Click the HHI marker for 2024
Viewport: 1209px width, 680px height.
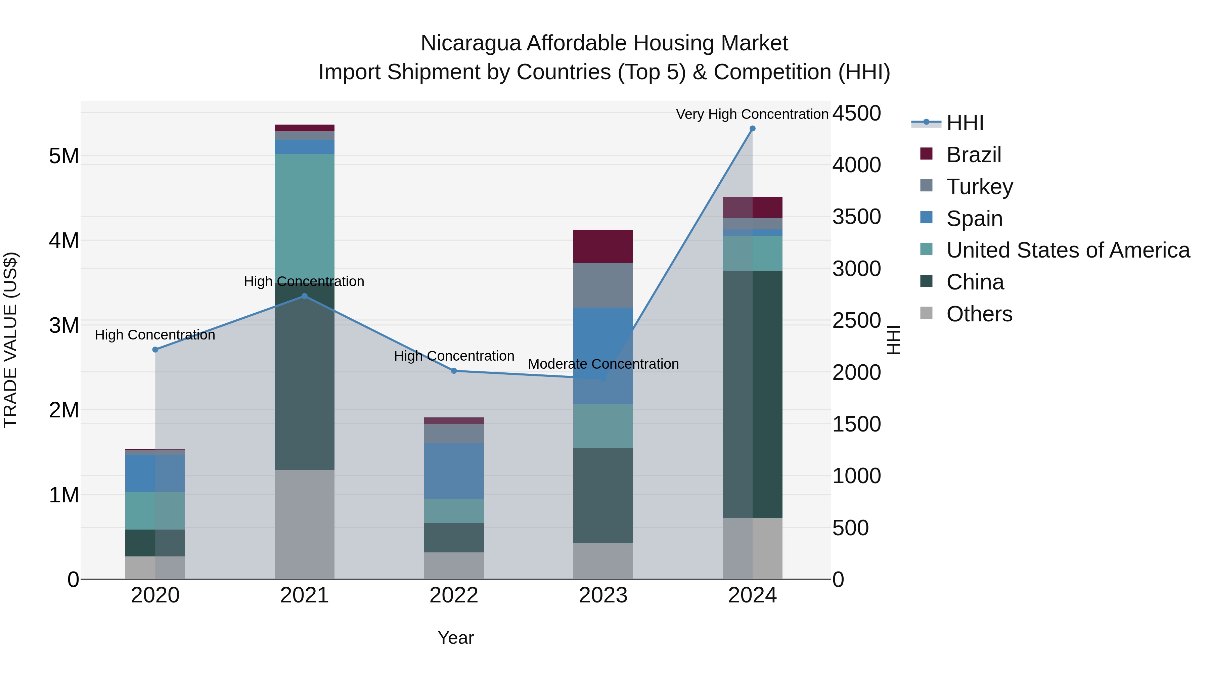(x=752, y=129)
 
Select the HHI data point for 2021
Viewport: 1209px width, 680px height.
(x=304, y=296)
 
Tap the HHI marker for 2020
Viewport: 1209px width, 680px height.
(x=155, y=350)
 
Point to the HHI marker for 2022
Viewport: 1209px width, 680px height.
(x=454, y=371)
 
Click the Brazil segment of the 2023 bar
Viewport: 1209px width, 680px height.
(x=603, y=246)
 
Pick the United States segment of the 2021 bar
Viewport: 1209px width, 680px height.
(x=304, y=216)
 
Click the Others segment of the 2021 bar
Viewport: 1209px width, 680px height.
(x=304, y=524)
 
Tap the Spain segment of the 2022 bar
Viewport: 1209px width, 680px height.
(x=454, y=471)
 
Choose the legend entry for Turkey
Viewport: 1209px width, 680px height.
(x=980, y=187)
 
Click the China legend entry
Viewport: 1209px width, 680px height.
(x=975, y=282)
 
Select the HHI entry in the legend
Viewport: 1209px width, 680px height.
(x=965, y=123)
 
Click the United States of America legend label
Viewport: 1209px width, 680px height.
(x=1068, y=251)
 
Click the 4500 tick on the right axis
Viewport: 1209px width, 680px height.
(x=856, y=114)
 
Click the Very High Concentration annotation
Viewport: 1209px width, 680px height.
(x=752, y=115)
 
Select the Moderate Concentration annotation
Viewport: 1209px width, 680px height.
(x=603, y=364)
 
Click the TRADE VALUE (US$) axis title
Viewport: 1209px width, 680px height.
(x=10, y=340)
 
